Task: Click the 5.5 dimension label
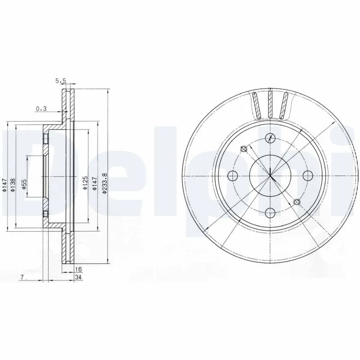[x=61, y=81]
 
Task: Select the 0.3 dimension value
[x=41, y=108]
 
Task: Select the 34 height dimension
[x=79, y=278]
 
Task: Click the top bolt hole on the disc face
[x=270, y=138]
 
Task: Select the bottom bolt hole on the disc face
[x=270, y=212]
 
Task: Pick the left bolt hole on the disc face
[x=233, y=175]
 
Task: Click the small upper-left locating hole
[x=243, y=149]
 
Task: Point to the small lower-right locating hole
[x=296, y=202]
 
